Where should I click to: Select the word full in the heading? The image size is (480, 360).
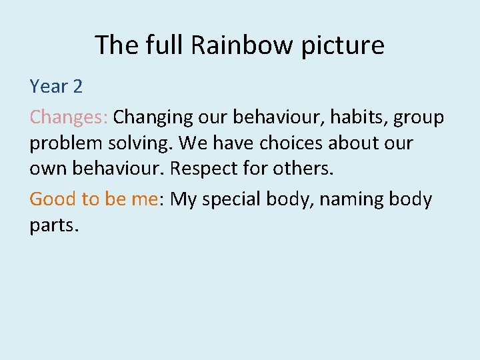(162, 45)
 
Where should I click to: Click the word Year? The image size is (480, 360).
(49, 87)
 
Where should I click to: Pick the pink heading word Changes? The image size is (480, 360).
(69, 118)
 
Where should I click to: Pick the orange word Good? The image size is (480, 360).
(52, 199)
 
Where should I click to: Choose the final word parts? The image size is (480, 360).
(54, 225)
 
